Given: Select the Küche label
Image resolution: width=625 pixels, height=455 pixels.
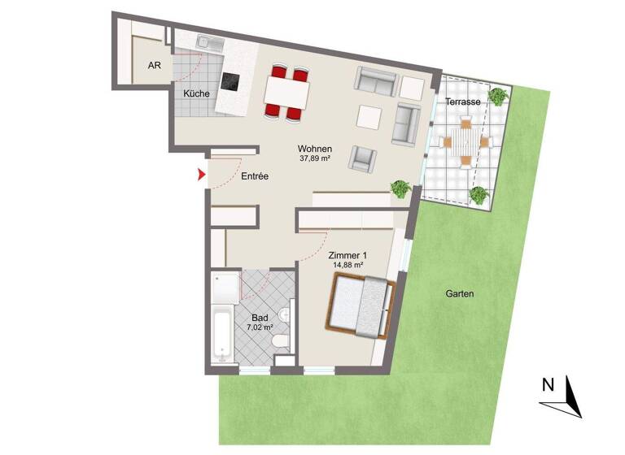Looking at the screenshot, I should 196,94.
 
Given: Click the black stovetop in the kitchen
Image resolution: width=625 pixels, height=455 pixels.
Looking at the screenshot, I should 232,83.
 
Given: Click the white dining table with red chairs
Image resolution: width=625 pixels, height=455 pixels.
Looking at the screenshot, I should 286,92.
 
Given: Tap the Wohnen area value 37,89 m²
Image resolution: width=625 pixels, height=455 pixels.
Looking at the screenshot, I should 313,159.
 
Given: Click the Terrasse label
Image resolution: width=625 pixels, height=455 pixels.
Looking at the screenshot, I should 462,102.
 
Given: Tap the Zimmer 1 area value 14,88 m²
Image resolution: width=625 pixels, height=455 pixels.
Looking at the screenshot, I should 348,265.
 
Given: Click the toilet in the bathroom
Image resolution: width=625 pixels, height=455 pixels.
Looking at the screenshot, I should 280,343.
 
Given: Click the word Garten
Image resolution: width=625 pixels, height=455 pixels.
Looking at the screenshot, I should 459,294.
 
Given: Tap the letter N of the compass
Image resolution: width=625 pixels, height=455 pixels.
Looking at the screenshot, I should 549,383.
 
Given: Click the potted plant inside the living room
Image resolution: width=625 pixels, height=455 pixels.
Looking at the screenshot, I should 400,188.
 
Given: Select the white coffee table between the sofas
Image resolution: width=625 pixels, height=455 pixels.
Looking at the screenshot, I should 369,117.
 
